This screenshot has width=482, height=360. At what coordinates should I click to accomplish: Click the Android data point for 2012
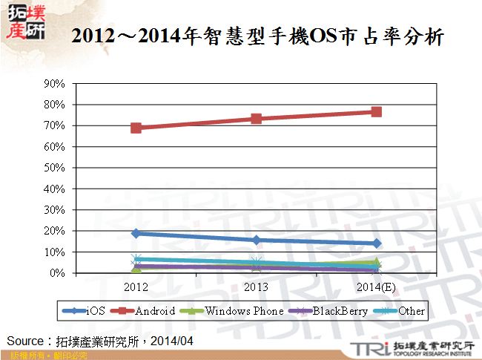click(x=136, y=128)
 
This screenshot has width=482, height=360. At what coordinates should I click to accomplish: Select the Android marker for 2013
click(x=257, y=119)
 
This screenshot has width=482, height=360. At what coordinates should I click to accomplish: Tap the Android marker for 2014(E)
click(x=377, y=112)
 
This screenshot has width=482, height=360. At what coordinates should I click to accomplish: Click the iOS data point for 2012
click(x=136, y=233)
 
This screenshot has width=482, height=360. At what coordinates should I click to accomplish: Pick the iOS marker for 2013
click(x=257, y=240)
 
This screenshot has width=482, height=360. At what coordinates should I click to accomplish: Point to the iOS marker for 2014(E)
click(x=377, y=243)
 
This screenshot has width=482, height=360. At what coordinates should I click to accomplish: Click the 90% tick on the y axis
click(x=57, y=84)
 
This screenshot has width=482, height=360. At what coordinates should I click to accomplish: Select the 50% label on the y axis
click(x=57, y=168)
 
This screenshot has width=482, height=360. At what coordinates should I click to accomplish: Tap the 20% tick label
click(x=57, y=232)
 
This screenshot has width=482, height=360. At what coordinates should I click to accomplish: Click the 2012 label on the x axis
click(x=136, y=287)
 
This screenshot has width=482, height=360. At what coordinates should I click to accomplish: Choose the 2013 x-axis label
click(x=257, y=287)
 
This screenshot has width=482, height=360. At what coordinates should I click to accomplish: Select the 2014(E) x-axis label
click(x=377, y=287)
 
